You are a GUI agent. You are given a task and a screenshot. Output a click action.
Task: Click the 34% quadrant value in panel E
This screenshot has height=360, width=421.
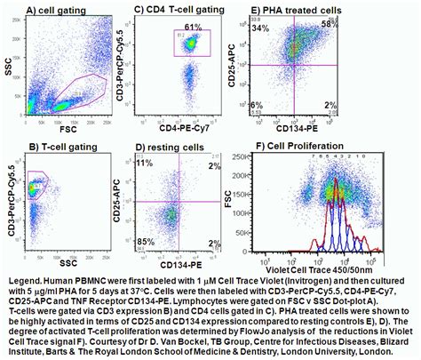[261, 28]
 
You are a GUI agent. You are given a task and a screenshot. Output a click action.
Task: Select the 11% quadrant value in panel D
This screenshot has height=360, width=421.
[145, 164]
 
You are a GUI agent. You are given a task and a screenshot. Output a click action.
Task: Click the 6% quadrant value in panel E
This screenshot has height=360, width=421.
[257, 106]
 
